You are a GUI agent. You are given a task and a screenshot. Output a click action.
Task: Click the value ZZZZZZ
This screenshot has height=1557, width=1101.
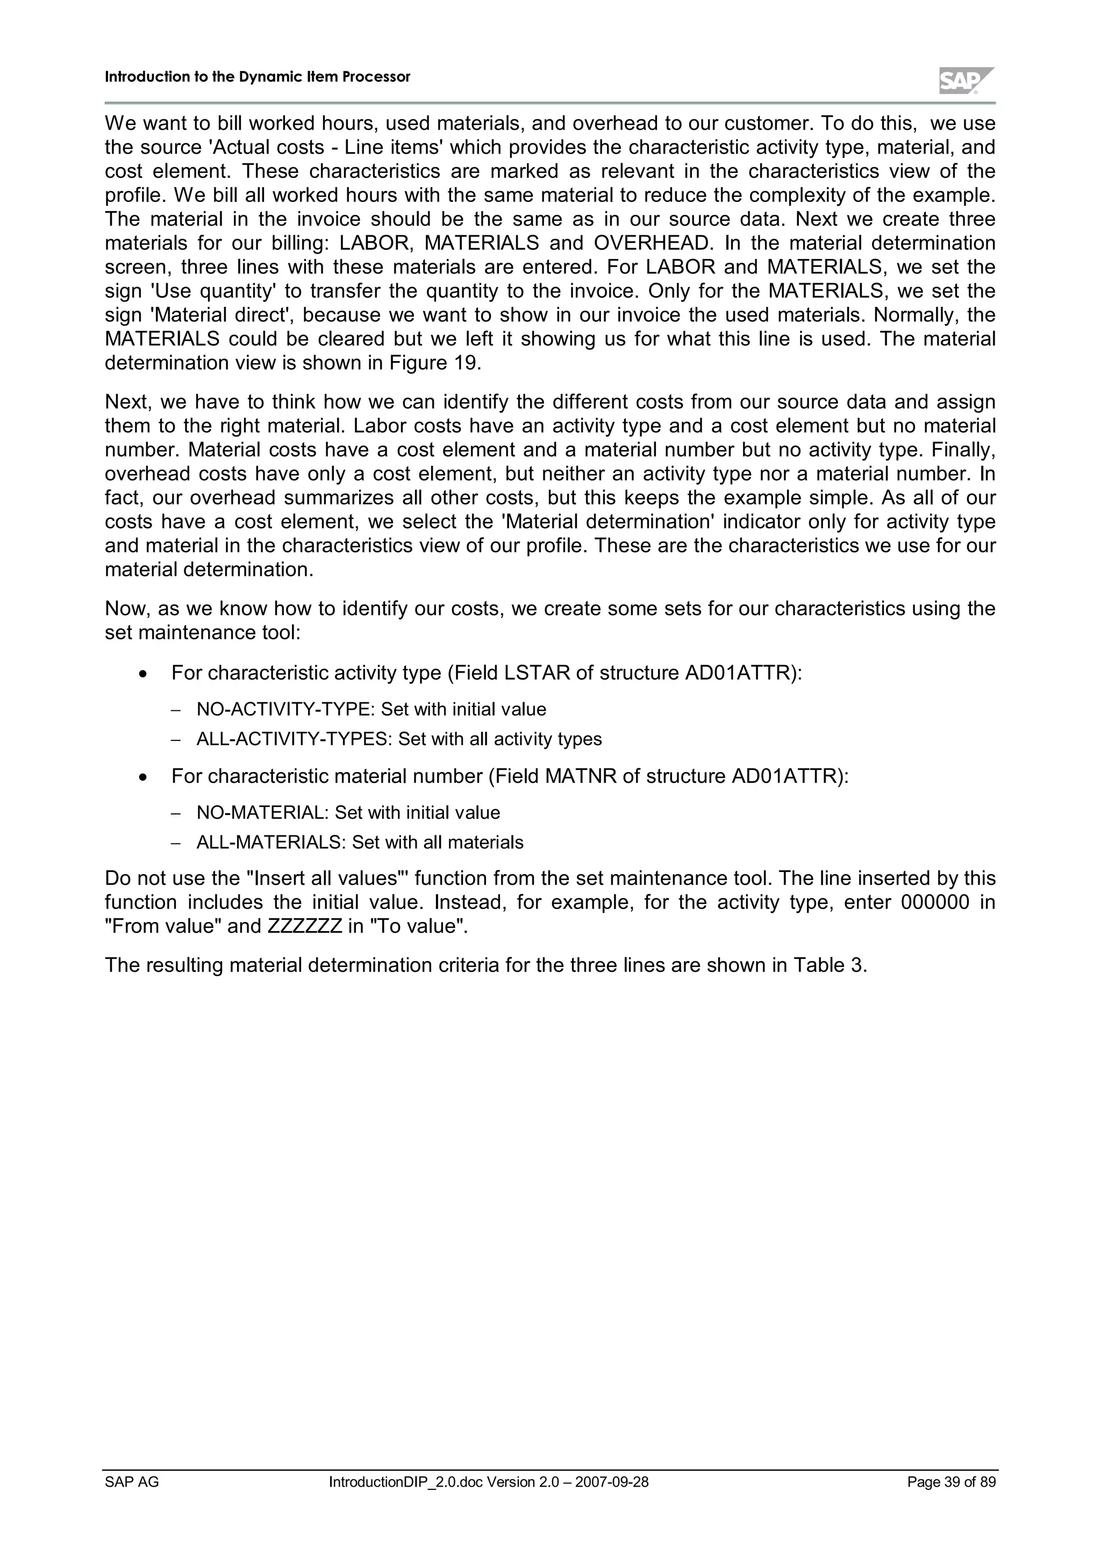pyautogui.click(x=305, y=926)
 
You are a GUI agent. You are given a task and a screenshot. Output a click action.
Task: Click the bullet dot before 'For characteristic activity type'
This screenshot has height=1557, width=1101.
pyautogui.click(x=142, y=674)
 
